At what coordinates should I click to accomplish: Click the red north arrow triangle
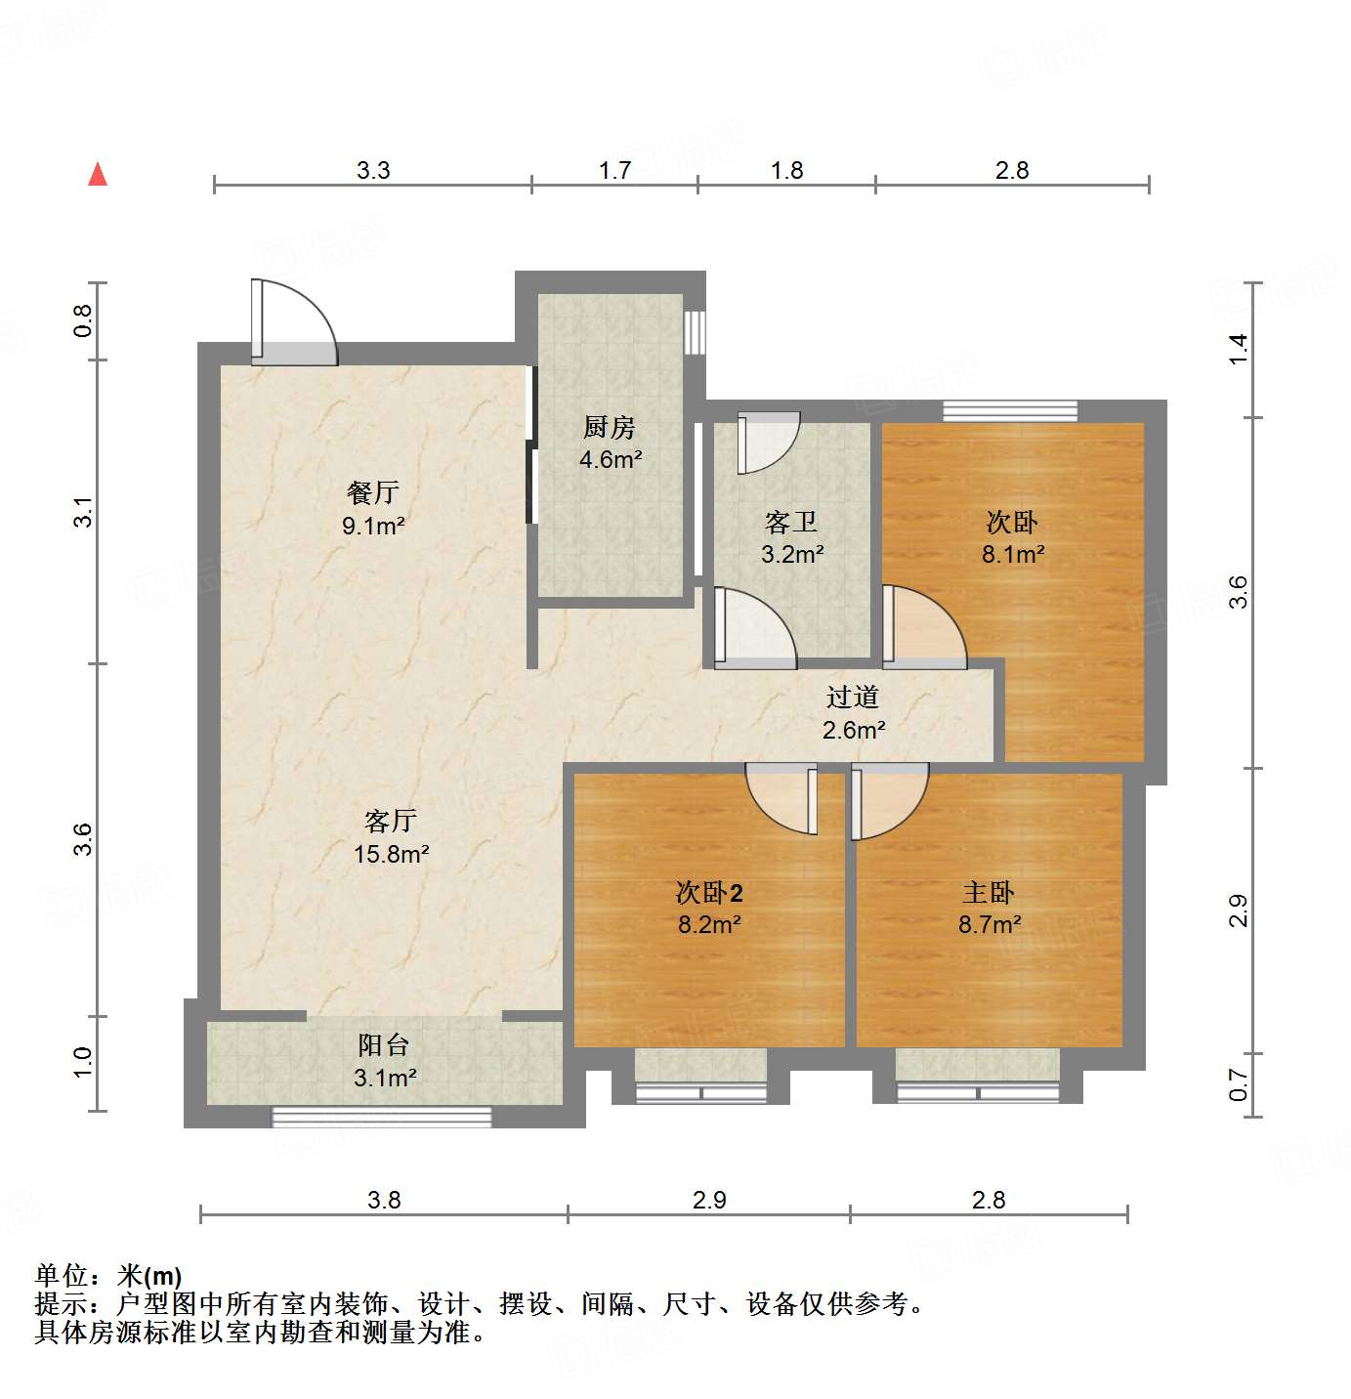(98, 175)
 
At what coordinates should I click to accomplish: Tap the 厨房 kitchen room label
(609, 427)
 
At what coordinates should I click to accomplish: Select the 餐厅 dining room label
(373, 492)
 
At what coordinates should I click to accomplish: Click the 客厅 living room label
(391, 821)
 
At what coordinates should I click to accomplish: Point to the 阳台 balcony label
(383, 1045)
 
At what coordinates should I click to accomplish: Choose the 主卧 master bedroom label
(989, 892)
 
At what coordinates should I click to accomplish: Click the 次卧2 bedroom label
(709, 892)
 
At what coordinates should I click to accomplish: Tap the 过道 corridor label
(853, 697)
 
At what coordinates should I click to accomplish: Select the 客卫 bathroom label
(791, 523)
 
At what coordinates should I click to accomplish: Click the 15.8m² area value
(391, 854)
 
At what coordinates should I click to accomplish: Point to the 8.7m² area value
(990, 924)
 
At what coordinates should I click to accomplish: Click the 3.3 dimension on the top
(373, 171)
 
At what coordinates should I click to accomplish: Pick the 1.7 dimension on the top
(614, 171)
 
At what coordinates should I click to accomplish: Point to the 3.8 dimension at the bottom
(384, 1200)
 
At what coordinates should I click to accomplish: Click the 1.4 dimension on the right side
(1238, 349)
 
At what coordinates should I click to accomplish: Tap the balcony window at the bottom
(382, 1117)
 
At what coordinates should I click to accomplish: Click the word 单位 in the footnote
(62, 1276)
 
